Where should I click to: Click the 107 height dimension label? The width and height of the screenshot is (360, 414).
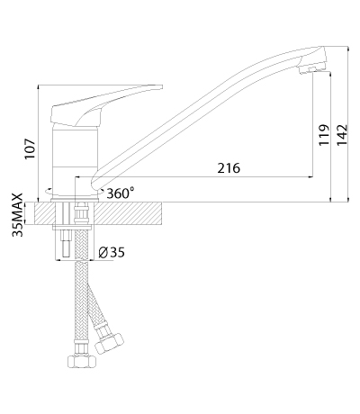click(x=31, y=149)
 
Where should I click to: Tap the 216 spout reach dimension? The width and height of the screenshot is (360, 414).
click(x=229, y=168)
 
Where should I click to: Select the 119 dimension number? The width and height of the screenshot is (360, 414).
click(x=324, y=135)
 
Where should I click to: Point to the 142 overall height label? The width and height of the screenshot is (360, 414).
click(x=342, y=135)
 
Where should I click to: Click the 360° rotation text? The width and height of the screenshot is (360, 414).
click(x=121, y=193)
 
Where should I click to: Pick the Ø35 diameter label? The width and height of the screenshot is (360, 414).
click(x=112, y=253)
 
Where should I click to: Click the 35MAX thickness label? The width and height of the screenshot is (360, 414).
click(x=17, y=215)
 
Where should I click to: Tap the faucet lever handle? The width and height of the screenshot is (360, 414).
click(x=102, y=103)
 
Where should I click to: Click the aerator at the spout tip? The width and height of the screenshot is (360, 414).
click(x=308, y=69)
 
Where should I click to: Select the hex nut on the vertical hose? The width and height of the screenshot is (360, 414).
click(x=81, y=362)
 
